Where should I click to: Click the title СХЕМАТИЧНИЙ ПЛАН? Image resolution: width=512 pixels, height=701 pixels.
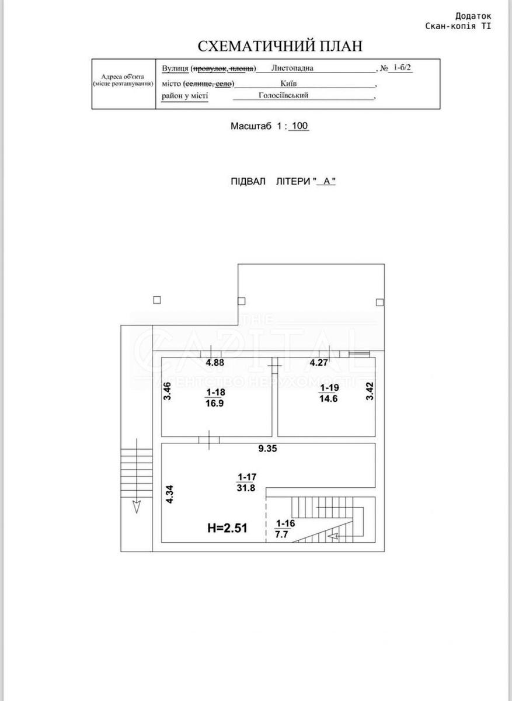click(x=280, y=46)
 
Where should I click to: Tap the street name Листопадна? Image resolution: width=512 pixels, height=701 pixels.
click(x=292, y=68)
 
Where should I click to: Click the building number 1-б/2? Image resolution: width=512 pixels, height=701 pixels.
click(x=402, y=68)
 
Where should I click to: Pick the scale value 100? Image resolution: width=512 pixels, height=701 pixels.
click(x=299, y=126)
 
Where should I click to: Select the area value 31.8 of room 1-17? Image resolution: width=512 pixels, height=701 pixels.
click(x=246, y=490)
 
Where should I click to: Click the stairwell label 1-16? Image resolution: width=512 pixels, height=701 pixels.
click(x=285, y=523)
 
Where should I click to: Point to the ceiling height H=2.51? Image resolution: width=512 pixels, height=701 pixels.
click(x=228, y=529)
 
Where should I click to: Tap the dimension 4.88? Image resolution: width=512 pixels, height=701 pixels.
click(x=214, y=363)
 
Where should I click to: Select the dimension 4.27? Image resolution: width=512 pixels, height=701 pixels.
click(x=319, y=363)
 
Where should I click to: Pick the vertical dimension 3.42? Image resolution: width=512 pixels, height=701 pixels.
click(x=369, y=391)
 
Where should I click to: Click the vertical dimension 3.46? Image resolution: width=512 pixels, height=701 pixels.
click(x=167, y=390)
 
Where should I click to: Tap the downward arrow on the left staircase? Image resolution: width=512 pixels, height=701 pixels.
click(x=136, y=506)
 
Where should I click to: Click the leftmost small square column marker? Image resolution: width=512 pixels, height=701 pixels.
click(x=156, y=300)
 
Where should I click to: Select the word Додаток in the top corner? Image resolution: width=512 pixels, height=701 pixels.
click(x=473, y=17)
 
